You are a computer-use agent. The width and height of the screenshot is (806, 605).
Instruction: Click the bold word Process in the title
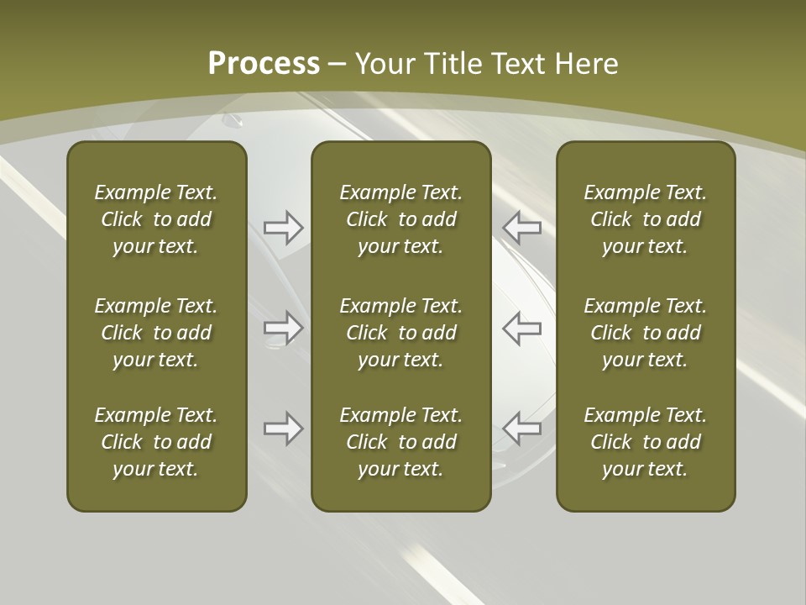[264, 64]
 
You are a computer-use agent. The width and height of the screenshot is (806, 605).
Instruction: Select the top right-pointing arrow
[284, 227]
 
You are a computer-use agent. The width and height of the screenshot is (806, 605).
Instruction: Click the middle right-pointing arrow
[284, 328]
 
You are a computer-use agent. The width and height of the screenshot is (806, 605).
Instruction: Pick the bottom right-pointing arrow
[284, 429]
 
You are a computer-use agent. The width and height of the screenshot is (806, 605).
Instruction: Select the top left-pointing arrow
[521, 227]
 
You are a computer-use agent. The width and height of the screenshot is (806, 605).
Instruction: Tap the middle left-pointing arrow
[521, 328]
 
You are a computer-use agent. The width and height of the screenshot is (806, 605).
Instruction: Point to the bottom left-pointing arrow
[521, 429]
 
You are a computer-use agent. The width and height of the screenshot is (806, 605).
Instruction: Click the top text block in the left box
[156, 219]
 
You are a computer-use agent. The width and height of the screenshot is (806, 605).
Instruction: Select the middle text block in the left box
[156, 333]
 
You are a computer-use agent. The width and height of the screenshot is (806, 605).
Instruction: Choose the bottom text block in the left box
[156, 442]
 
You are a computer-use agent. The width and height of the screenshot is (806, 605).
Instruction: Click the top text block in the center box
[401, 219]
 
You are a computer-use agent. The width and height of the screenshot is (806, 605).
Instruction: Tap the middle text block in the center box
[401, 333]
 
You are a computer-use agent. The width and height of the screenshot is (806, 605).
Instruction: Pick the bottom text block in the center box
[401, 442]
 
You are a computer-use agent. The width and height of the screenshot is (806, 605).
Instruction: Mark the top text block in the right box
[646, 219]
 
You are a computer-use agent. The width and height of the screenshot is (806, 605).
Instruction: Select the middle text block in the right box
[646, 333]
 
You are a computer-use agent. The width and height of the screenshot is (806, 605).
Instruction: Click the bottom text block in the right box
[646, 442]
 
